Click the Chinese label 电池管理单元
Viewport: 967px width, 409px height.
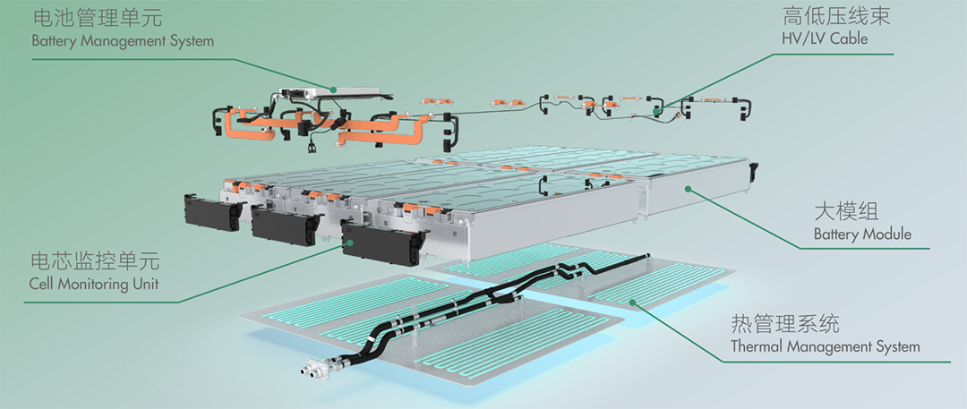click(x=98, y=17)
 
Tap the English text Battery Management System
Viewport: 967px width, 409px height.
click(x=123, y=42)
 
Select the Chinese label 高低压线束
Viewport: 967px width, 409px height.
click(x=836, y=15)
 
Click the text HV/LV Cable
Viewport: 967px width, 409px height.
click(x=825, y=38)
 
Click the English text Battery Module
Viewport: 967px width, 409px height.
click(x=862, y=234)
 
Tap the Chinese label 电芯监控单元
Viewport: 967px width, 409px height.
click(x=95, y=261)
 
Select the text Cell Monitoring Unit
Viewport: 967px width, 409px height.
click(x=94, y=284)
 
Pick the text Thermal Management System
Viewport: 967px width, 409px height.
click(x=826, y=346)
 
